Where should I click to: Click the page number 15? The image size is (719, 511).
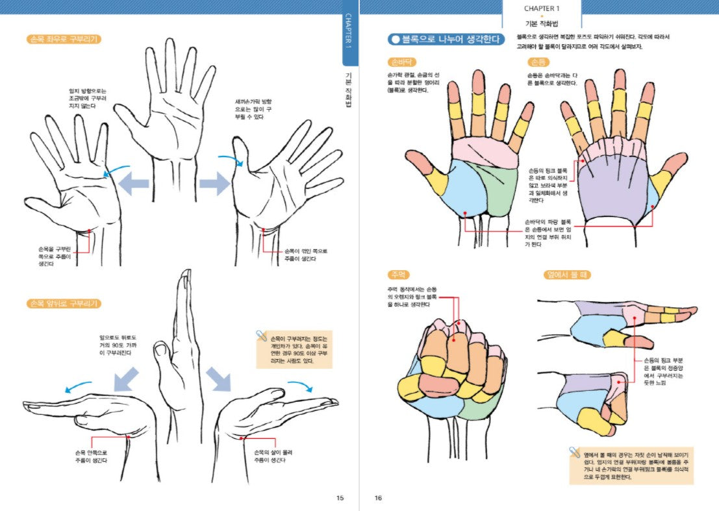(x=340, y=498)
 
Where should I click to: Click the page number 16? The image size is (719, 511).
(x=378, y=498)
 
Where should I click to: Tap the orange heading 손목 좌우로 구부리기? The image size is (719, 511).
(x=64, y=39)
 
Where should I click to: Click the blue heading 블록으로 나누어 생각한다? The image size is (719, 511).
(x=446, y=40)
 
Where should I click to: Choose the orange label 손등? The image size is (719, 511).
(x=538, y=62)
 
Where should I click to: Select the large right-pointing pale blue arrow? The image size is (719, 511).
(x=214, y=183)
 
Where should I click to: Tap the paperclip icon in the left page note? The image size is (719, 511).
(x=261, y=336)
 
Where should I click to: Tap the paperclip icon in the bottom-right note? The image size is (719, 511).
(x=574, y=451)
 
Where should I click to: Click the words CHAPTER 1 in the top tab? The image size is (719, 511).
(x=542, y=8)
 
